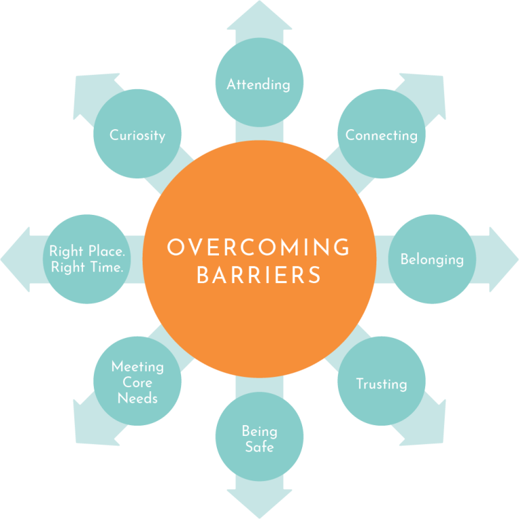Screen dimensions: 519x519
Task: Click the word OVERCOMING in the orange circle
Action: click(x=259, y=247)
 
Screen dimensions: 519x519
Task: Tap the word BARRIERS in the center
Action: click(x=259, y=276)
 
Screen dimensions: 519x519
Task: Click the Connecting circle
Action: click(x=381, y=134)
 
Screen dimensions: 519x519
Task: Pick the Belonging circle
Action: click(x=432, y=259)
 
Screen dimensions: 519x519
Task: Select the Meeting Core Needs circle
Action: click(x=137, y=382)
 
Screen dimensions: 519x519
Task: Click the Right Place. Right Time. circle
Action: click(x=86, y=259)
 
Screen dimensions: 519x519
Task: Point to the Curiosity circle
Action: click(x=137, y=134)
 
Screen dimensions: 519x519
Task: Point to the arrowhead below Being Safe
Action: click(x=259, y=503)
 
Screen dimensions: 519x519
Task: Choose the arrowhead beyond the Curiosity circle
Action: click(x=88, y=86)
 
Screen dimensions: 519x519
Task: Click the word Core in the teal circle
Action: click(x=137, y=382)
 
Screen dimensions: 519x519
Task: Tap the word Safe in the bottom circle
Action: click(x=259, y=447)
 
